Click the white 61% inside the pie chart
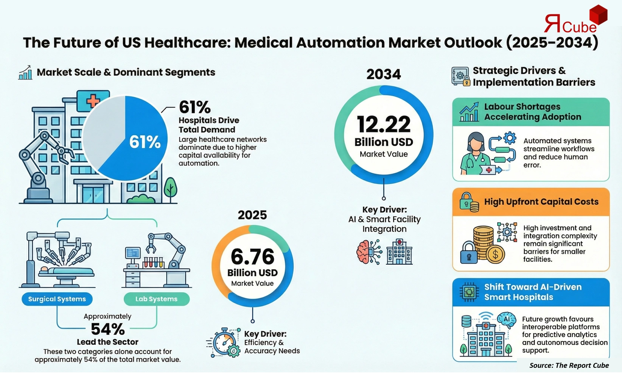pos(145,142)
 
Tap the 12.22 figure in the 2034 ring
pos(384,125)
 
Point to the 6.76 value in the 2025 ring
pos(252,257)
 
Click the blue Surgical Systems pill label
pos(57,299)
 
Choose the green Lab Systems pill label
pos(157,299)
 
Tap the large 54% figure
pos(108,329)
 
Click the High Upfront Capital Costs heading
pos(541,202)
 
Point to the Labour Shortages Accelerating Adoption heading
pos(532,112)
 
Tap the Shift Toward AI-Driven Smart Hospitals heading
pos(533,292)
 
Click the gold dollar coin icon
pos(495,254)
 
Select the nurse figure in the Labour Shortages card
pos(473,153)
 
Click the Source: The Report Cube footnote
pos(569,365)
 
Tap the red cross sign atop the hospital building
pos(93,101)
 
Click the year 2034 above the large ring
pos(383,74)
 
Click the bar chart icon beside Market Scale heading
pos(25,73)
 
